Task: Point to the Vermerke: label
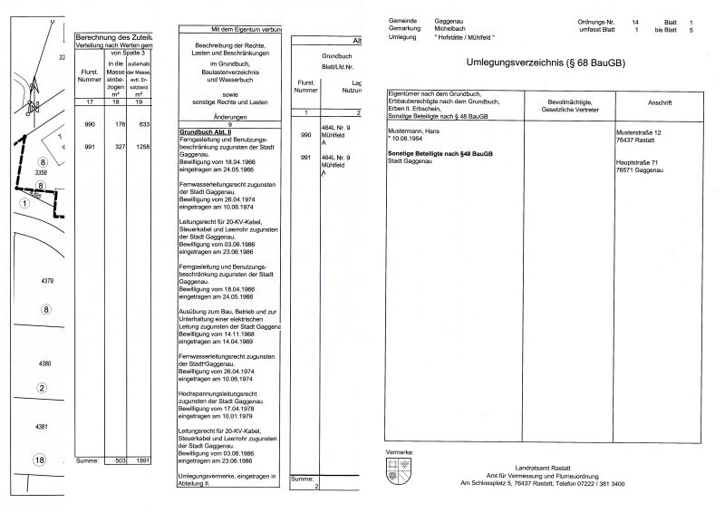400,450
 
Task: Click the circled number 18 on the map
39,460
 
